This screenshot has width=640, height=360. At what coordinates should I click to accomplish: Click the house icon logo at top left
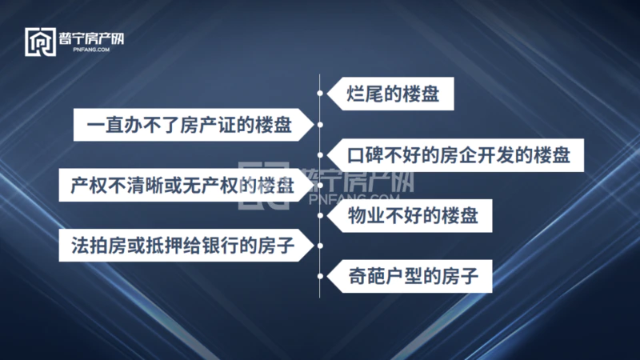[x=41, y=42]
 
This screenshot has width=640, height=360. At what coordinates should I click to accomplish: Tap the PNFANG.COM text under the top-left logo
[x=91, y=50]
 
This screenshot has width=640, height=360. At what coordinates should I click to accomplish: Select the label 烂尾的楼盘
[x=393, y=94]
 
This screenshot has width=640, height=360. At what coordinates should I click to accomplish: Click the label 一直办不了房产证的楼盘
[x=190, y=125]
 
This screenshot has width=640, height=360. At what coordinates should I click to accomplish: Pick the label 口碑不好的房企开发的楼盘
[x=458, y=155]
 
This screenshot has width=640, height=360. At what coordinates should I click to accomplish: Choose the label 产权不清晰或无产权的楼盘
[x=182, y=186]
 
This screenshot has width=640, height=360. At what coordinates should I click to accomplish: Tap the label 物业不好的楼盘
[x=413, y=216]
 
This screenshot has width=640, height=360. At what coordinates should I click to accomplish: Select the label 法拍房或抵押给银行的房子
[x=183, y=246]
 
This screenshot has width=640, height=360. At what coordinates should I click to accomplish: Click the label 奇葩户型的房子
[x=413, y=276]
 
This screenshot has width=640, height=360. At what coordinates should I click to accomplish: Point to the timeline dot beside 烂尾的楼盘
[x=320, y=94]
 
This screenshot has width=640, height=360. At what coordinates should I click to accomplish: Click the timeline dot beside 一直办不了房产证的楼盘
[x=320, y=125]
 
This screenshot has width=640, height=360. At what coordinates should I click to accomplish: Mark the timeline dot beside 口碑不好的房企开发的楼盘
[x=320, y=155]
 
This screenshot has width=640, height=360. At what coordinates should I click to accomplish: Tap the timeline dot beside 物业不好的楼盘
[x=320, y=215]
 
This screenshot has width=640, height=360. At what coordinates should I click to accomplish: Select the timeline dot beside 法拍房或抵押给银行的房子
[x=320, y=246]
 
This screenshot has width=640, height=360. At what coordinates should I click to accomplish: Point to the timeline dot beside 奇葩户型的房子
[x=320, y=276]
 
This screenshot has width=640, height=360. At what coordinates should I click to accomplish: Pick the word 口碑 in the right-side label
[x=366, y=155]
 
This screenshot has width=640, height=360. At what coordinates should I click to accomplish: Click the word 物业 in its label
[x=366, y=216]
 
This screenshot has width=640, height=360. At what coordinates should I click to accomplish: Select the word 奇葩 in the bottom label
[x=366, y=276]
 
